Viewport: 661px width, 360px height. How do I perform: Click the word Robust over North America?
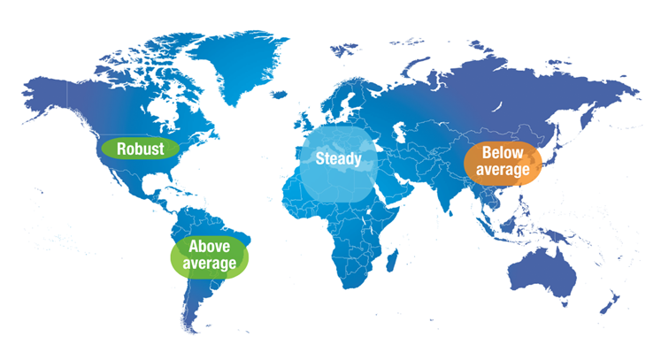(140, 149)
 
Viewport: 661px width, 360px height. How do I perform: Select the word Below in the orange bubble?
(503, 154)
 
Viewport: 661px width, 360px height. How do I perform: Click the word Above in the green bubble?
(209, 247)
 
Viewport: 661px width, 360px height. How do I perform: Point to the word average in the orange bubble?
(503, 170)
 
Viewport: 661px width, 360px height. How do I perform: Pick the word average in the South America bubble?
(209, 264)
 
